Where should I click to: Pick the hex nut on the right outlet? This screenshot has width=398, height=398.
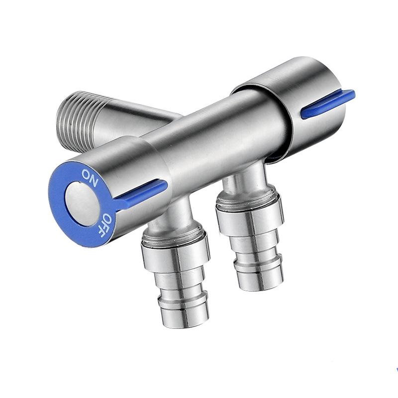click(x=249, y=209)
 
